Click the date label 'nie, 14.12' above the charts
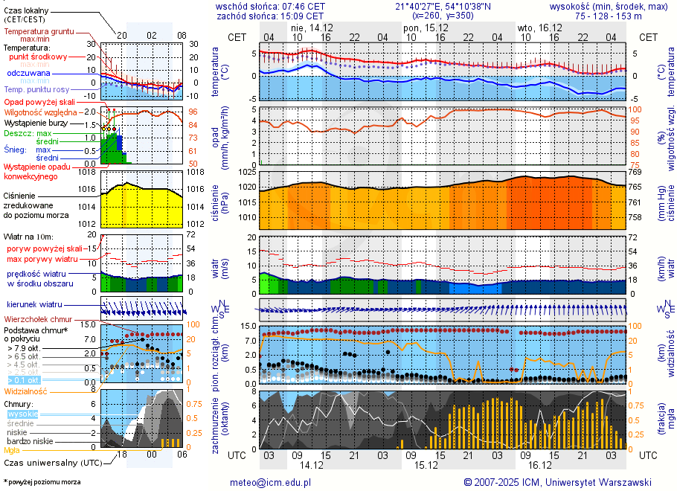[312, 27]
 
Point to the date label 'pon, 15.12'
[420, 27]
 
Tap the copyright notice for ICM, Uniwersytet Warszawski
[557, 482]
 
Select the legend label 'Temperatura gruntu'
[39, 32]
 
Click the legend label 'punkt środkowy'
[39, 57]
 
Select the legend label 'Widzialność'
[26, 391]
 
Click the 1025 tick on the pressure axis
[247, 172]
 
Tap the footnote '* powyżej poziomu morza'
[42, 482]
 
